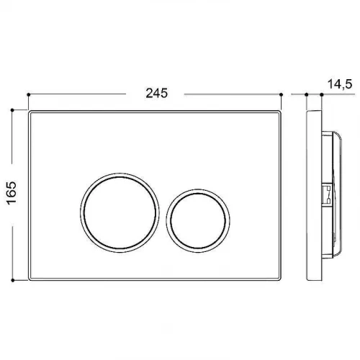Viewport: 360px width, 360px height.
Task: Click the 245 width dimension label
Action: (x=157, y=93)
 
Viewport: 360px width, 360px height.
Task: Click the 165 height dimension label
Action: (x=12, y=193)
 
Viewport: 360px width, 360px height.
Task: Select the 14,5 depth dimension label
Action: (x=340, y=84)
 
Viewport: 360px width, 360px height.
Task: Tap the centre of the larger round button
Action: (x=120, y=212)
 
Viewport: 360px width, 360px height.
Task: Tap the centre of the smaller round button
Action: (x=198, y=221)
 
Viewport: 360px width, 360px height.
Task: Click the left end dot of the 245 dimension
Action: (x=29, y=95)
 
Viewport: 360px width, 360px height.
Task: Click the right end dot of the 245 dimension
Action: (x=282, y=95)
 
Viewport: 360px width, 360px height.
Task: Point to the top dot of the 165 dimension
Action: (x=12, y=110)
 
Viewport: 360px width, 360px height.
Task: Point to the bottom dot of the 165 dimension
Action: (x=12, y=280)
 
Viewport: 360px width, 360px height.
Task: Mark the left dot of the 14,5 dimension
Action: (x=306, y=95)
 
